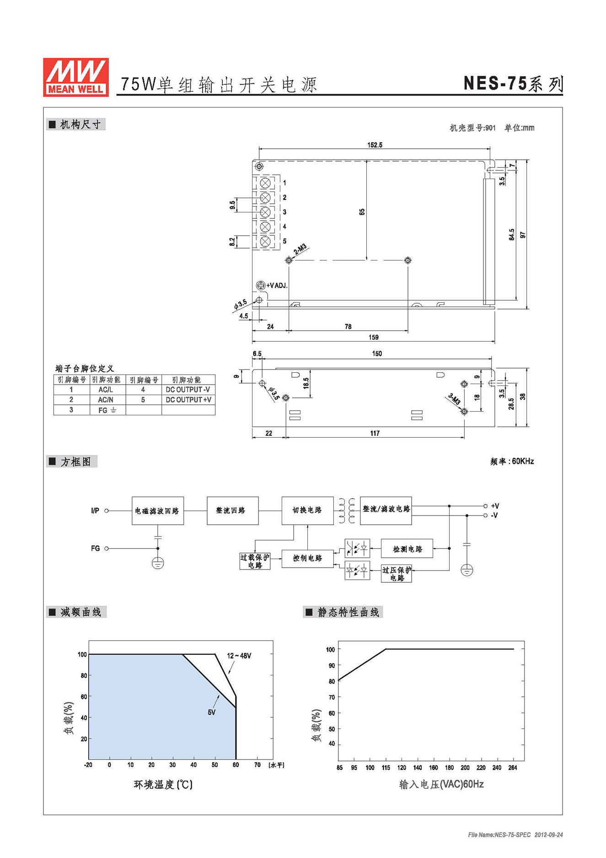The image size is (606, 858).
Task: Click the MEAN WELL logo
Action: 76,77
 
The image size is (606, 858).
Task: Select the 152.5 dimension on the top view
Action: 375,145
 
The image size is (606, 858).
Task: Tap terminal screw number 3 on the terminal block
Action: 265,212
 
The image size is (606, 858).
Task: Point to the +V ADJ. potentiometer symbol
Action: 260,285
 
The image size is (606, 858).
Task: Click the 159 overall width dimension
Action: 374,337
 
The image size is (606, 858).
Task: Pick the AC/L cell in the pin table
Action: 106,390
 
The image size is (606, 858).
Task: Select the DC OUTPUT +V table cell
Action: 188,400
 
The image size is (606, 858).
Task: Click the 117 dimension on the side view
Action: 375,433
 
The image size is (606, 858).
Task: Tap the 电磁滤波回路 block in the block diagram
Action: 158,510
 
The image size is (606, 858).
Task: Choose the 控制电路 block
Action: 307,558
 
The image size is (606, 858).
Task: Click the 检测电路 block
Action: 407,548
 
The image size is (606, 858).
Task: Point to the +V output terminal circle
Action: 485,506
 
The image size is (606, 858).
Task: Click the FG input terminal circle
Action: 107,548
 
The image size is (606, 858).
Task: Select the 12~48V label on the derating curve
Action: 239,656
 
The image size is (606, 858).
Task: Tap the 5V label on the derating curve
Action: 211,712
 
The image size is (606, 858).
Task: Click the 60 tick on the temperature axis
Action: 236,765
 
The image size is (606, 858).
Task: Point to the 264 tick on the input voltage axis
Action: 513,768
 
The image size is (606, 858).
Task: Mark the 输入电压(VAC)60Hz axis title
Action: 441,784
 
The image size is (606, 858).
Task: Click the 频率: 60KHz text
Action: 512,461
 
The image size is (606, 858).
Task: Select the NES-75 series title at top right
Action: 513,84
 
